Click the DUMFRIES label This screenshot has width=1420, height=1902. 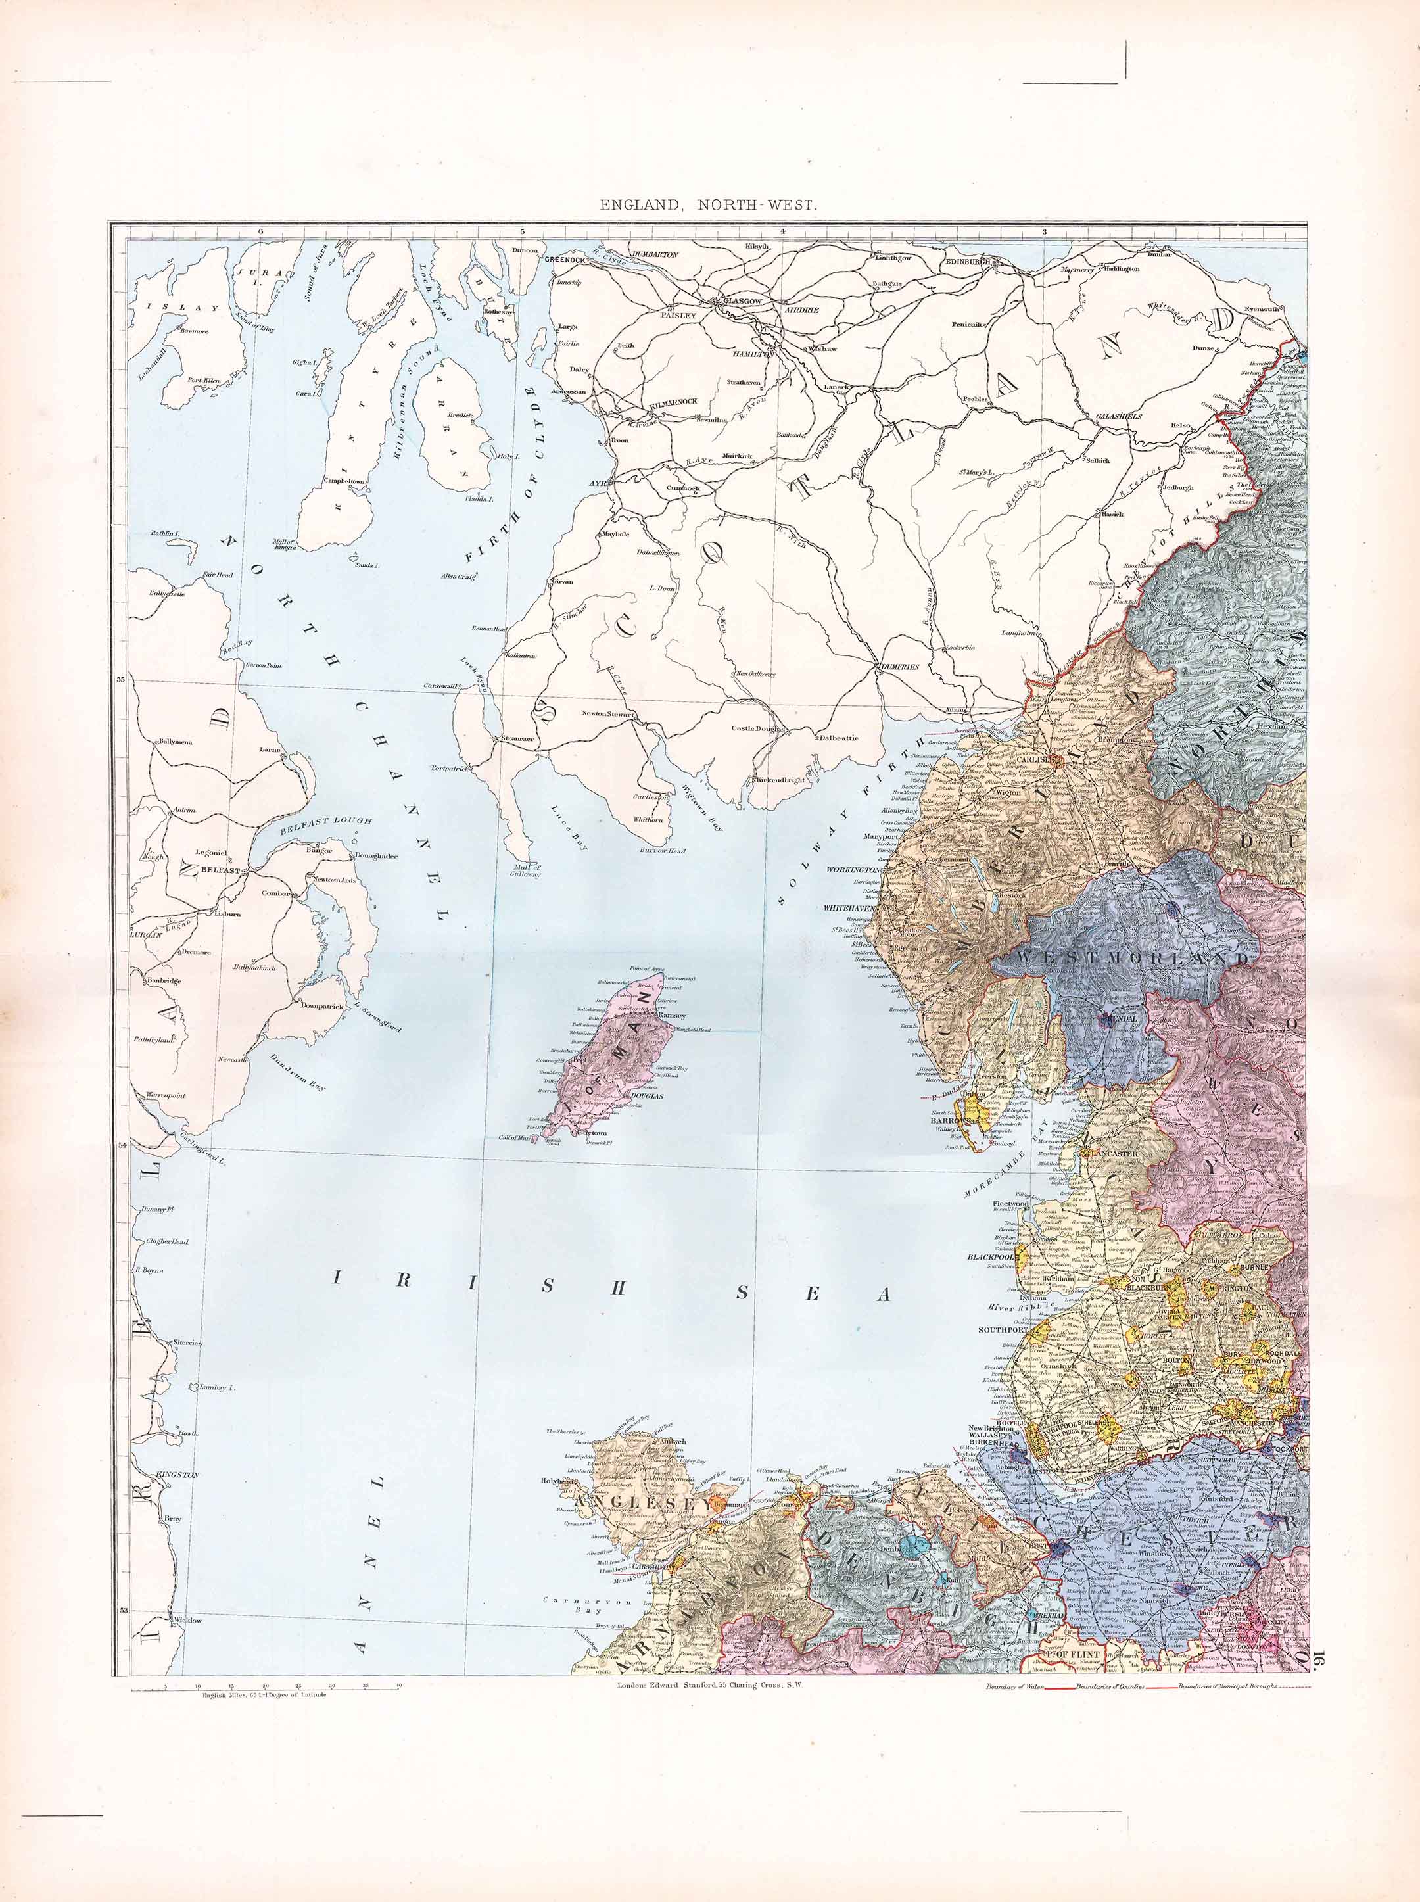pyautogui.click(x=899, y=667)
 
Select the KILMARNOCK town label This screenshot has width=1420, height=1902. pyautogui.click(x=674, y=401)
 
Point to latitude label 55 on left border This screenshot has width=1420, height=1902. pyautogui.click(x=121, y=679)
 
